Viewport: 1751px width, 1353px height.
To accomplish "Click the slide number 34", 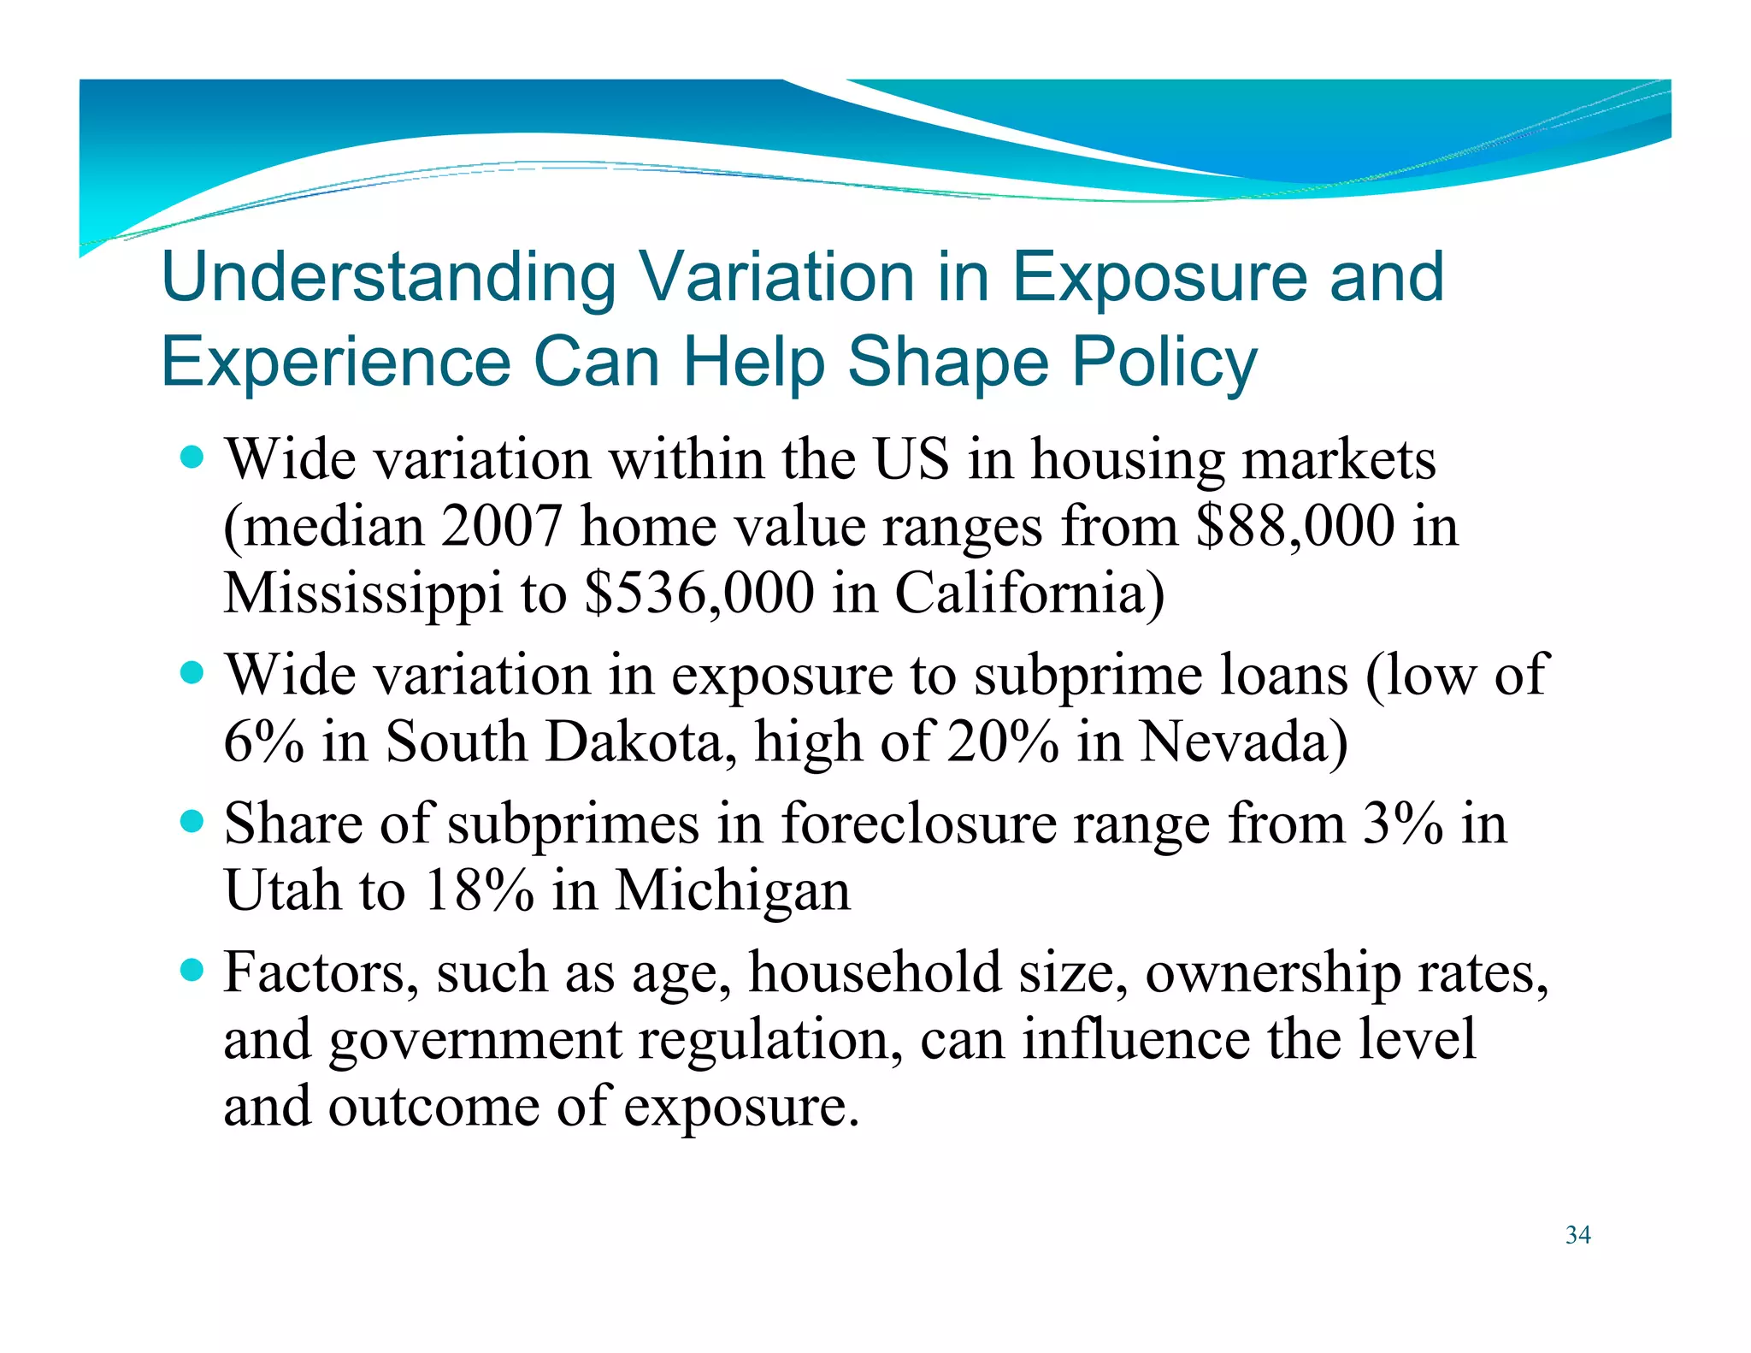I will point(1577,1235).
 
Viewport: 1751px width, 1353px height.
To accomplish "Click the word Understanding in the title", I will point(388,278).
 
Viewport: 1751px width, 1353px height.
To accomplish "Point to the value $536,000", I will point(699,593).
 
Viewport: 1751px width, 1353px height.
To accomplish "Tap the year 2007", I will point(502,526).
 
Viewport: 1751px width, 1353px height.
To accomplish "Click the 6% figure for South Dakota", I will point(263,741).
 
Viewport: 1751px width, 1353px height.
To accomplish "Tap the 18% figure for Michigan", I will point(480,890).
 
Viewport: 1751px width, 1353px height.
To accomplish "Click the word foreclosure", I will point(918,824).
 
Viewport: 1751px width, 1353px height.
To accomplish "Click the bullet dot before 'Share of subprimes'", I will point(193,823).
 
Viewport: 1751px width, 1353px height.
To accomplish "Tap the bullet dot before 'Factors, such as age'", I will point(193,971).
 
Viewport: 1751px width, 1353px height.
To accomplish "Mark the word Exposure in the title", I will point(1159,278).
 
